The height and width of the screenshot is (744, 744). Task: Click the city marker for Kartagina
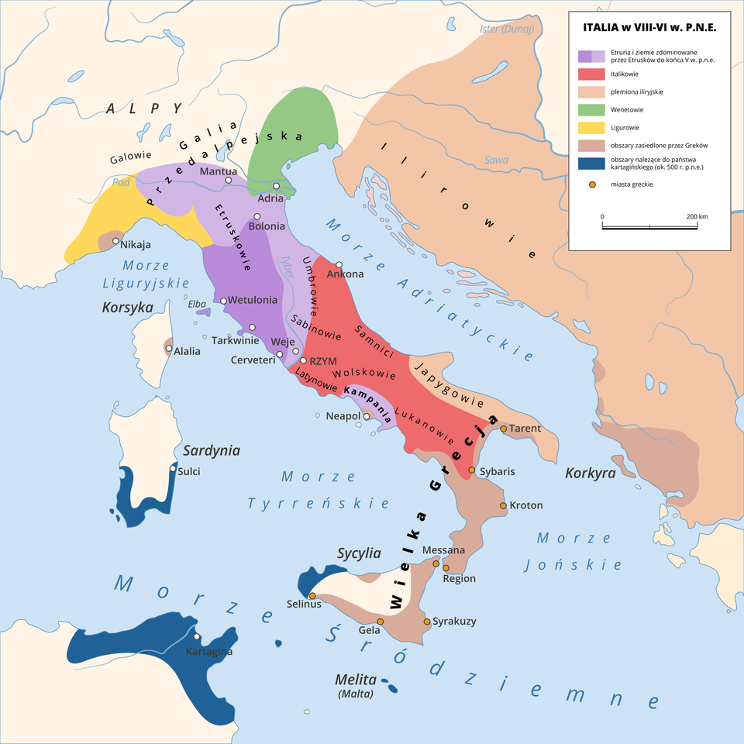pyautogui.click(x=197, y=637)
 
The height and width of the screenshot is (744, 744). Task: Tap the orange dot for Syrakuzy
pyautogui.click(x=426, y=622)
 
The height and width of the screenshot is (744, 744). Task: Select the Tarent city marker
pyautogui.click(x=503, y=429)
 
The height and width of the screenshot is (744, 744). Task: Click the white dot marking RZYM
pyautogui.click(x=303, y=360)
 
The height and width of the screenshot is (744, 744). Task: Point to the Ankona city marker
pyautogui.click(x=339, y=265)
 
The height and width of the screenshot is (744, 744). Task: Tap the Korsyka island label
pyautogui.click(x=127, y=308)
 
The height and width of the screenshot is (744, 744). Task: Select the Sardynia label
pyautogui.click(x=212, y=451)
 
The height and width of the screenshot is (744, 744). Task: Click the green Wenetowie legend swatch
pyautogui.click(x=591, y=110)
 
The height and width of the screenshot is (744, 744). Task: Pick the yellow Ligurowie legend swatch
pyautogui.click(x=591, y=128)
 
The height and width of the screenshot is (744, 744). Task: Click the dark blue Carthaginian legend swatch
pyautogui.click(x=591, y=163)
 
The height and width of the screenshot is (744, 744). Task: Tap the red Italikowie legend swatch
pyautogui.click(x=591, y=74)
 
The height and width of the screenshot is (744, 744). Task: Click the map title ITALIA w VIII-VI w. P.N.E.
pyautogui.click(x=649, y=28)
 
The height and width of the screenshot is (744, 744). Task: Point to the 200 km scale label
pyautogui.click(x=697, y=216)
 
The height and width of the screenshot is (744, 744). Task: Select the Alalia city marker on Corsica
pyautogui.click(x=169, y=349)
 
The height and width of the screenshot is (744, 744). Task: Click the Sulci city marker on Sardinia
pyautogui.click(x=173, y=468)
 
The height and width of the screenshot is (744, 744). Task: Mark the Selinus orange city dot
pyautogui.click(x=312, y=595)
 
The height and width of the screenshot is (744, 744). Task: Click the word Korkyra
pyautogui.click(x=590, y=473)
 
